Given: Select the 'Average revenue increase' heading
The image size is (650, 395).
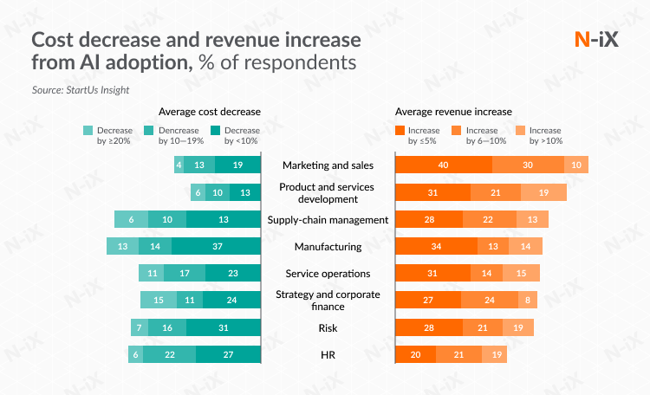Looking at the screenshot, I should pyautogui.click(x=453, y=112).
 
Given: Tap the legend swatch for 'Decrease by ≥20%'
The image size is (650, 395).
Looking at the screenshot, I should pyautogui.click(x=88, y=130).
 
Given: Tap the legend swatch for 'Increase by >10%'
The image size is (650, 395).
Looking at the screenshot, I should pyautogui.click(x=521, y=130).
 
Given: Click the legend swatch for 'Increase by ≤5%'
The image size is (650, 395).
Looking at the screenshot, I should pyautogui.click(x=400, y=130).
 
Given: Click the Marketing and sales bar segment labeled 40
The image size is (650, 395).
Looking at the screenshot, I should pyautogui.click(x=444, y=165).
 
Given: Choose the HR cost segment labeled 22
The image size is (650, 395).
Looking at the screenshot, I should pyautogui.click(x=170, y=354).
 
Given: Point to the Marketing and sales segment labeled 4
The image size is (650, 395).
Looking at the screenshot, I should pyautogui.click(x=179, y=165).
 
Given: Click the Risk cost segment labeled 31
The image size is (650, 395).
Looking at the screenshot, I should pyautogui.click(x=223, y=327).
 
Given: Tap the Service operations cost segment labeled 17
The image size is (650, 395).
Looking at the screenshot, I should pyautogui.click(x=185, y=274).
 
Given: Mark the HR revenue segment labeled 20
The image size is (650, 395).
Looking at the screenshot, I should pyautogui.click(x=415, y=354).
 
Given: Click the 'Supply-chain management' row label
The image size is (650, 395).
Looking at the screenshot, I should pyautogui.click(x=328, y=219).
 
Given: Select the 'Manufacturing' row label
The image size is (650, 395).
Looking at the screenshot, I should pyautogui.click(x=328, y=247).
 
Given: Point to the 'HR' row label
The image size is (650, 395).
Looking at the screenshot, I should pyautogui.click(x=328, y=354).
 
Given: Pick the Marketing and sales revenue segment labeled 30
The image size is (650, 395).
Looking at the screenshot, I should pyautogui.click(x=528, y=165).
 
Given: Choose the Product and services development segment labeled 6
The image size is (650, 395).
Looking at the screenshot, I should pyautogui.click(x=198, y=192).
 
